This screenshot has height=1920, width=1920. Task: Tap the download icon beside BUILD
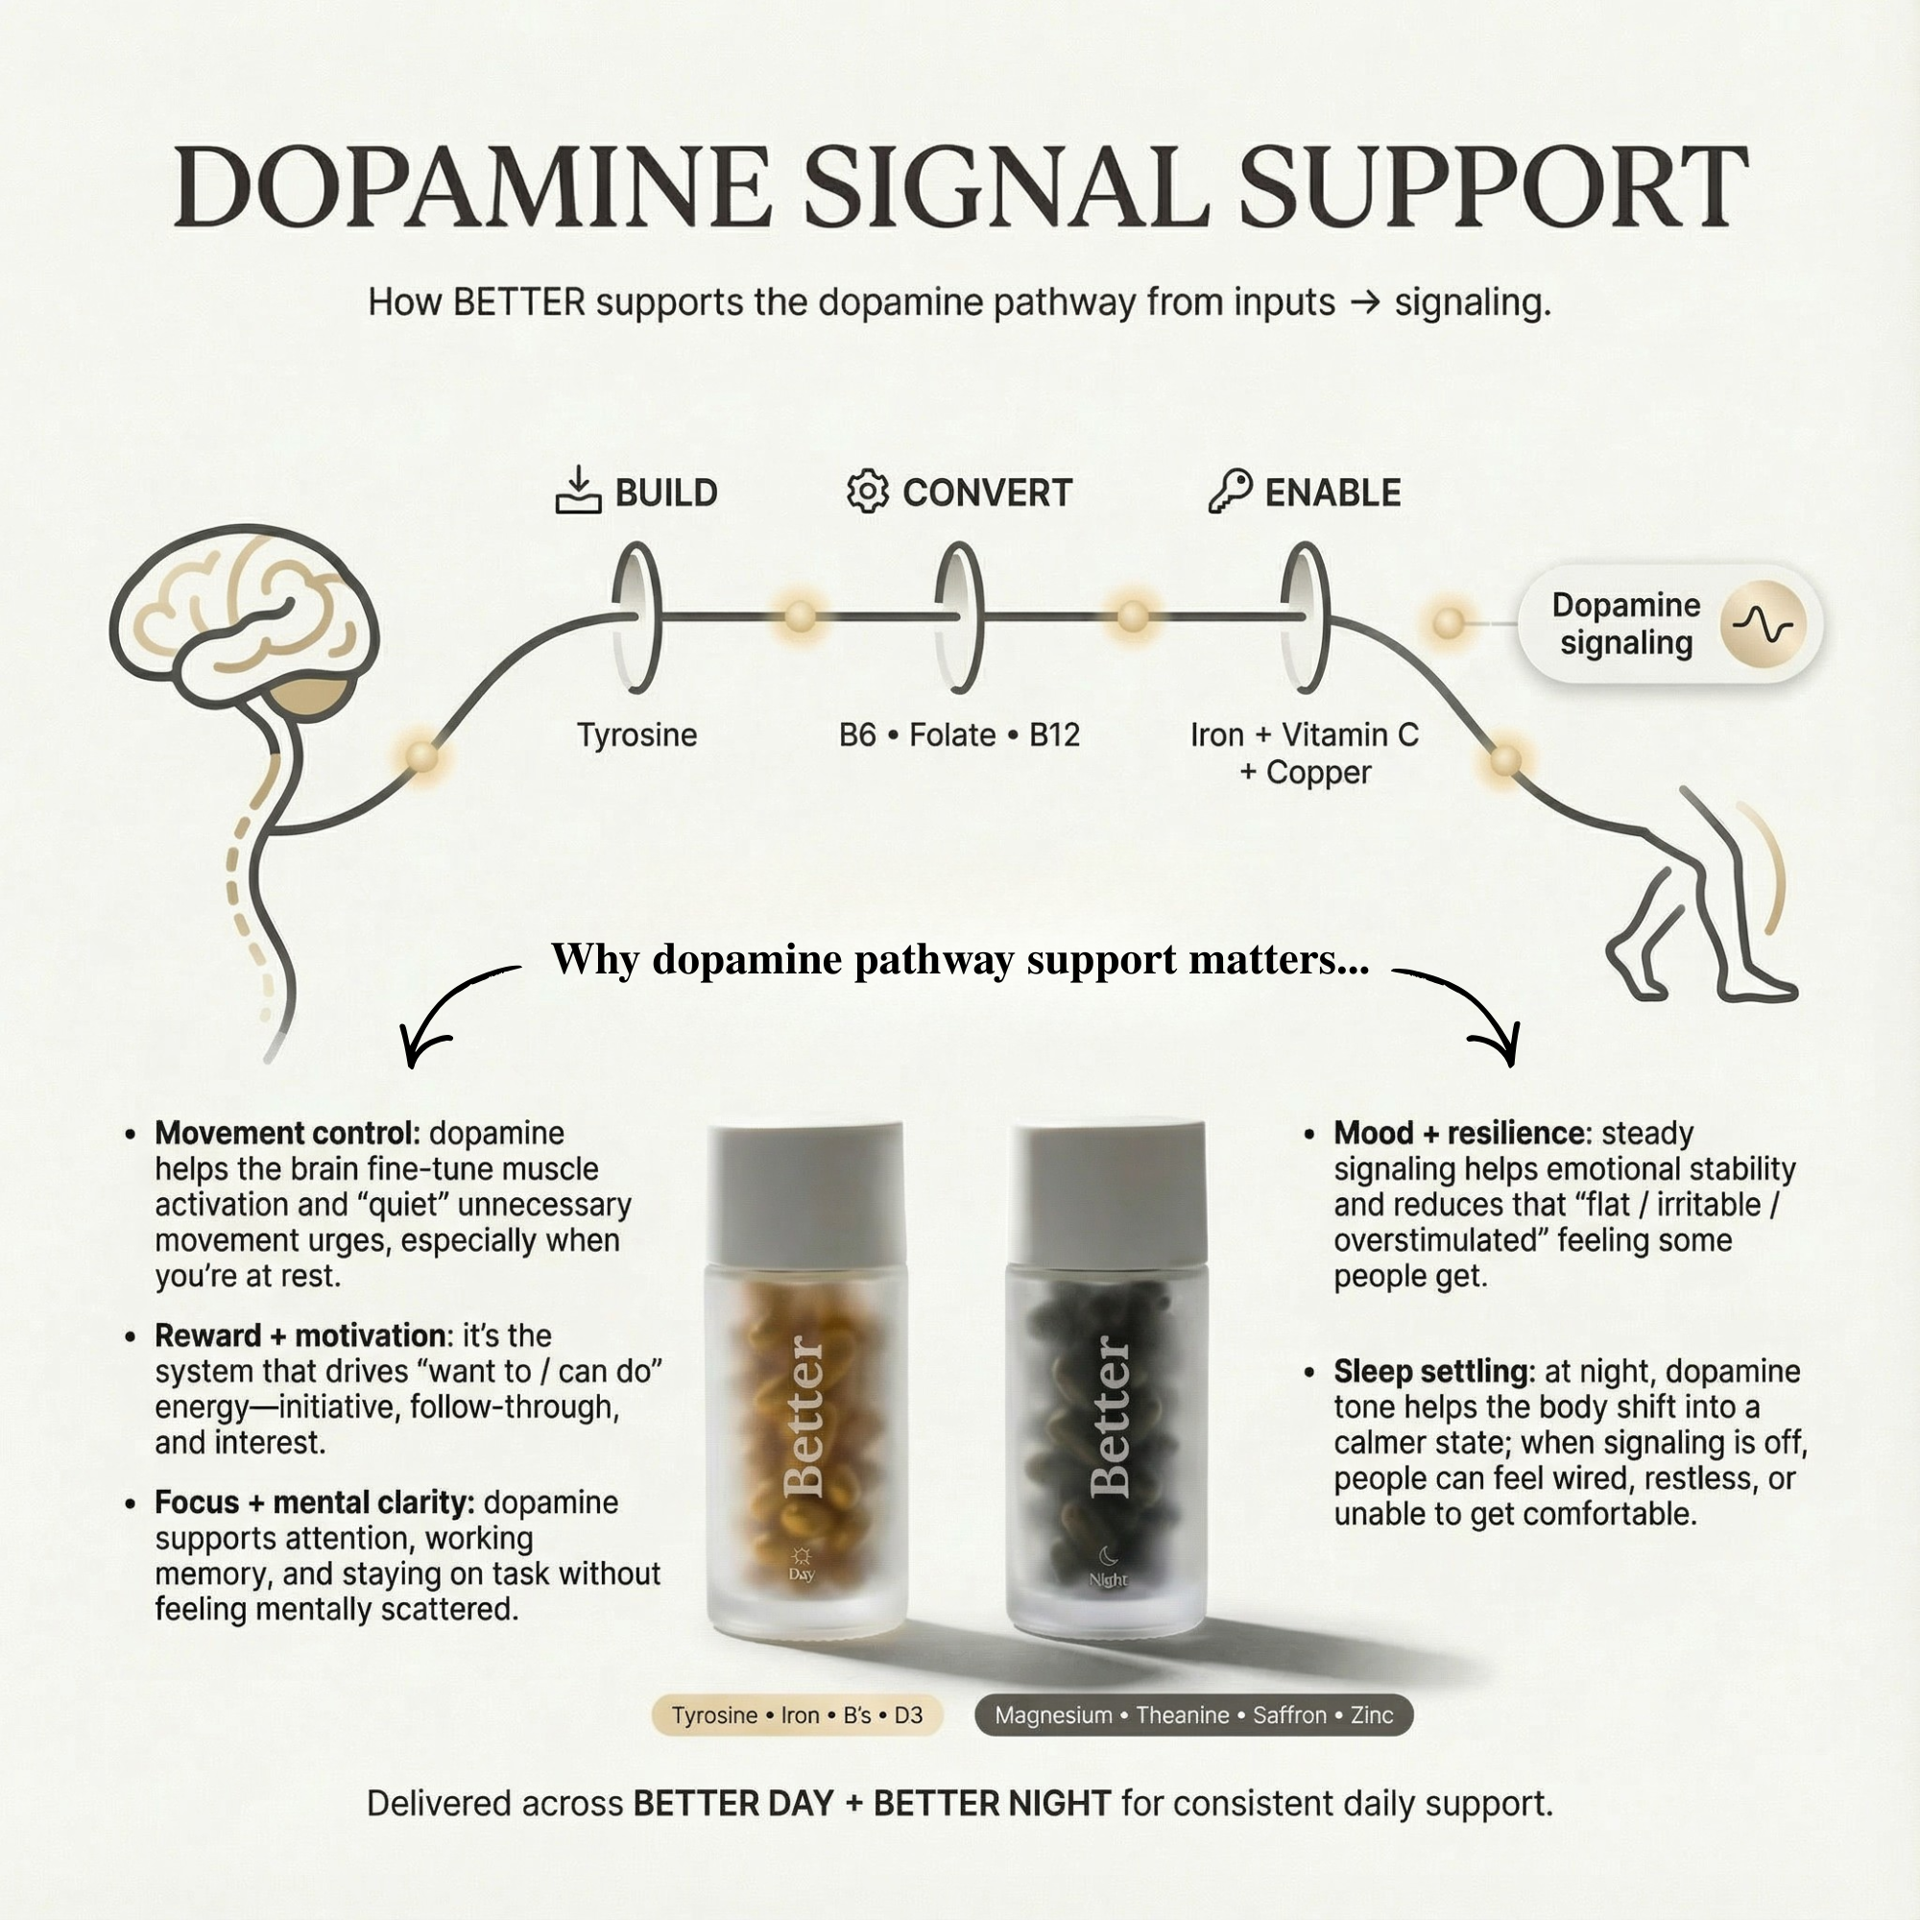tap(577, 491)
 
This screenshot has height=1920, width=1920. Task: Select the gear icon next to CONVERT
tap(867, 491)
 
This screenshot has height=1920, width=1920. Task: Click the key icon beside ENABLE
tap(1230, 490)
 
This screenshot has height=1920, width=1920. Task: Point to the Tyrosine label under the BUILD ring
tap(637, 735)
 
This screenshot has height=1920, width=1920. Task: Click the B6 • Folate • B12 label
tap(959, 735)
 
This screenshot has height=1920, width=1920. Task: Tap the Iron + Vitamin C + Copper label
tap(1304, 754)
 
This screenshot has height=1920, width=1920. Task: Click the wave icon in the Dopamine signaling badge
tap(1762, 624)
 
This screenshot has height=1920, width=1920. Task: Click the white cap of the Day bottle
tap(805, 1191)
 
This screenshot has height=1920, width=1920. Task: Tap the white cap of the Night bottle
tap(1107, 1191)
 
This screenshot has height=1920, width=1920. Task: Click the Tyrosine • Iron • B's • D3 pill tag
tap(797, 1716)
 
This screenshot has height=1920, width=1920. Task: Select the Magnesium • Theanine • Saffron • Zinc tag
tap(1193, 1716)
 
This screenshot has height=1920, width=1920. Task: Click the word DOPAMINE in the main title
tap(473, 189)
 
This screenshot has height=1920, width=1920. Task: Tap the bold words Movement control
tap(287, 1133)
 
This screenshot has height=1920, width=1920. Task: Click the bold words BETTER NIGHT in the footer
tap(992, 1804)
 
